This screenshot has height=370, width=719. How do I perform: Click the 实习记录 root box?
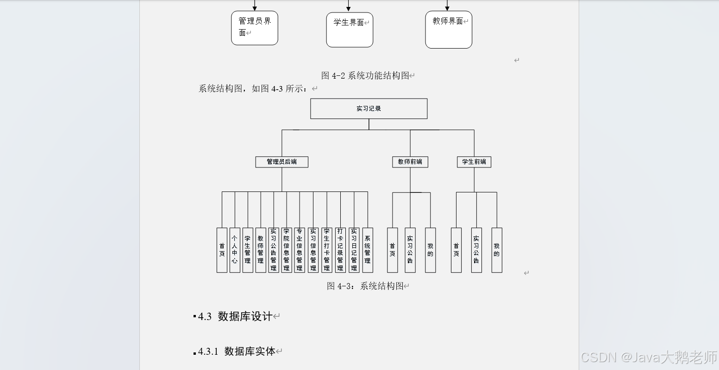pos(369,109)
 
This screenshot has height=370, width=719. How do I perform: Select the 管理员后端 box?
pos(281,162)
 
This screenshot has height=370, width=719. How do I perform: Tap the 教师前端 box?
pos(410,162)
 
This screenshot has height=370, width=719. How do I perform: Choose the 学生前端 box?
pos(474,162)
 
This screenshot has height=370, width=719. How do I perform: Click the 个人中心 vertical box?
pos(235,250)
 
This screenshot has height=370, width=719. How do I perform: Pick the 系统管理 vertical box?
pos(367,250)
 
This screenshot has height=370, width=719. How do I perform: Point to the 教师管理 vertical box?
pos(261,250)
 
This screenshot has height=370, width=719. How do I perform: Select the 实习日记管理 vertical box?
pos(354,250)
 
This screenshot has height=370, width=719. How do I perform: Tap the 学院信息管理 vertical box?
pos(287,250)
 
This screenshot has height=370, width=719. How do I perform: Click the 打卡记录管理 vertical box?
pos(340,250)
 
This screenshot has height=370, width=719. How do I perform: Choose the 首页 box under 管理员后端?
pos(222,250)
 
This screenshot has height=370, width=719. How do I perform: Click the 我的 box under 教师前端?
pos(430,250)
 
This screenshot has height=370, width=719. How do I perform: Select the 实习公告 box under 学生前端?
pos(476,250)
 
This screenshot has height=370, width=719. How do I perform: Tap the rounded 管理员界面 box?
pos(255,28)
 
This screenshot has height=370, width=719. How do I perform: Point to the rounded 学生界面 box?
pos(350,30)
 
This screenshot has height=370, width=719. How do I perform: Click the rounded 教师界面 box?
pos(448,30)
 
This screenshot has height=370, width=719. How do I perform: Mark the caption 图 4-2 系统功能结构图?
pos(366,76)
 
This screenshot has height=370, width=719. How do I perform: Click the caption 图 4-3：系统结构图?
pos(366,286)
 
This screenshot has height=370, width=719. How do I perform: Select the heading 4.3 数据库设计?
pos(236,316)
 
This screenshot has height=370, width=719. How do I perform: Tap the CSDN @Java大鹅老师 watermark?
pos(648,358)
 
